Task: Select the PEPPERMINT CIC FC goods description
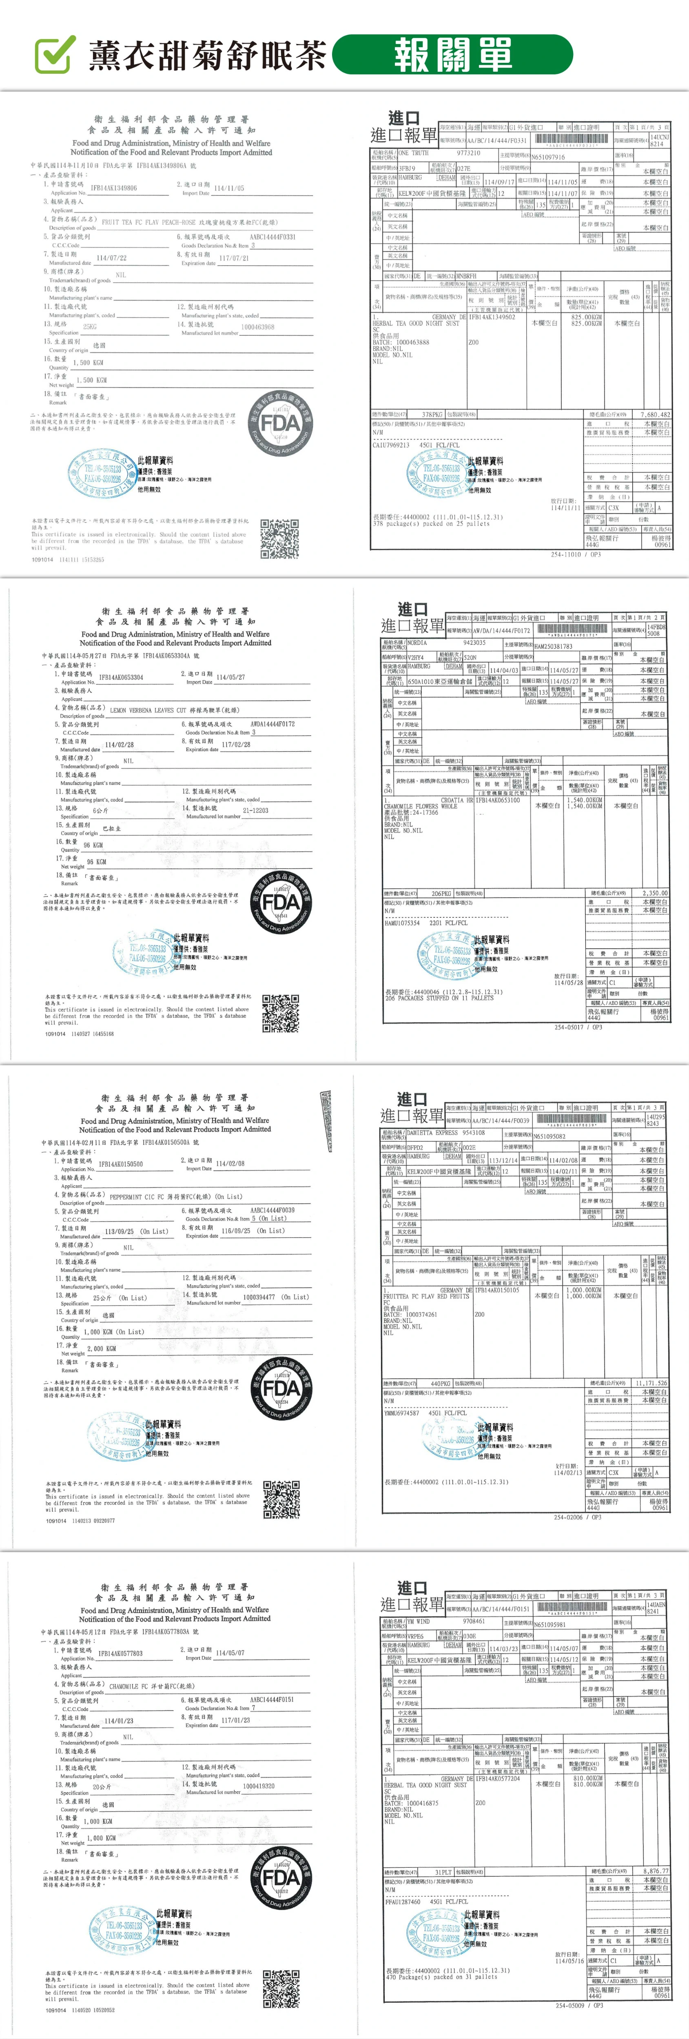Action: pyautogui.click(x=142, y=1197)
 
